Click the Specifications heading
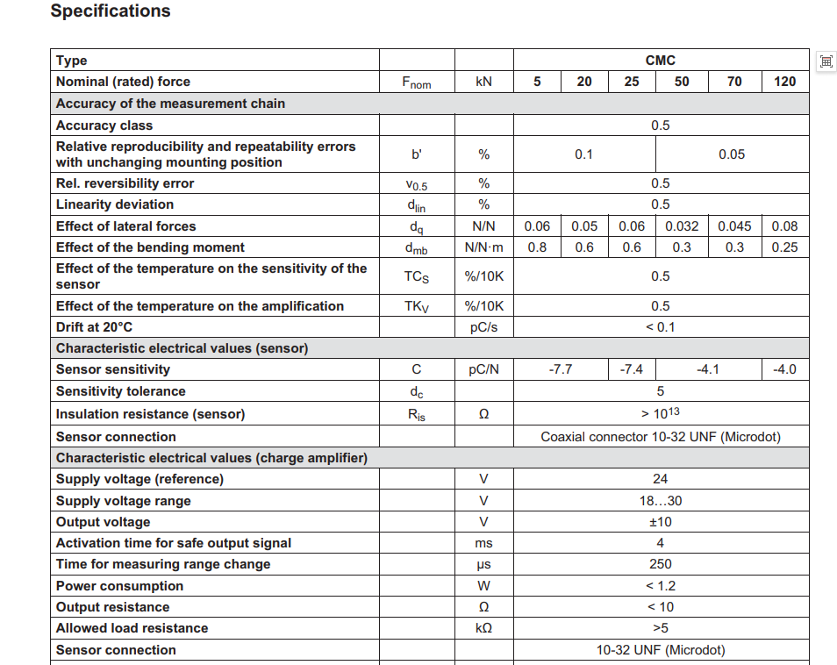[x=111, y=11]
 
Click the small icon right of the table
[x=825, y=61]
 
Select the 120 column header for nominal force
[x=784, y=82]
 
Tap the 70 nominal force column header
[x=734, y=82]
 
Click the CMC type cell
[x=660, y=61]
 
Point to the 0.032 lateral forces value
[x=682, y=226]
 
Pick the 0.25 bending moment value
[x=784, y=247]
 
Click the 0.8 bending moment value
[x=537, y=247]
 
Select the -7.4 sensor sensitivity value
[x=631, y=369]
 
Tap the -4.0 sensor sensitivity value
[x=784, y=369]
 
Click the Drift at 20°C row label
[x=95, y=327]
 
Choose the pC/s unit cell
[x=483, y=327]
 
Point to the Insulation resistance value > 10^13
[x=660, y=413]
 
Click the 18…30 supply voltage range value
[x=660, y=501]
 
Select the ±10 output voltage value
[x=660, y=522]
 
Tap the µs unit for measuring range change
[x=483, y=564]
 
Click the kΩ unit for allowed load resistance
[x=483, y=628]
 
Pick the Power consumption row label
[x=119, y=586]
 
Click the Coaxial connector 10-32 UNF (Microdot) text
[x=660, y=437]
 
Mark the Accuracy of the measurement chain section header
[x=170, y=104]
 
